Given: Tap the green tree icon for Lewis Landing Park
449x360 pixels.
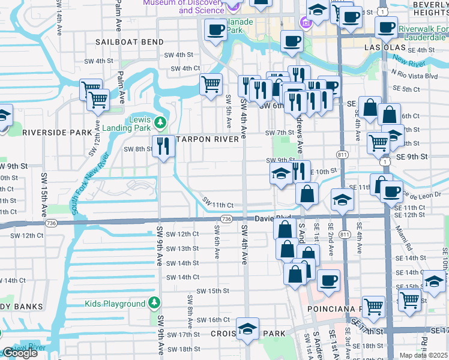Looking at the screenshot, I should click(x=159, y=123).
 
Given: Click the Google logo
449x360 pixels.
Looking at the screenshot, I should click(x=19, y=353).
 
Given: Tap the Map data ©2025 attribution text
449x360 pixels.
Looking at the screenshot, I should click(x=424, y=356).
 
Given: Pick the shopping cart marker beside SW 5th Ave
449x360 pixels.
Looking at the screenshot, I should click(x=211, y=85).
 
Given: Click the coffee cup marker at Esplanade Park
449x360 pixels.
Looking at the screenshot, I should click(x=215, y=30).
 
